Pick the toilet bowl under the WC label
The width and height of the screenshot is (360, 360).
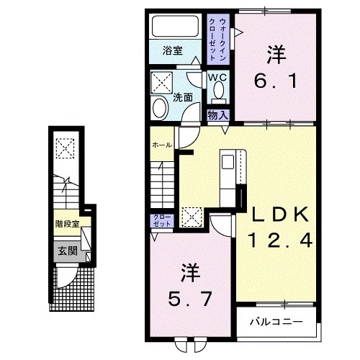(x=218, y=91)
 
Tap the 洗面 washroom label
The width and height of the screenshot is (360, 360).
(x=182, y=96)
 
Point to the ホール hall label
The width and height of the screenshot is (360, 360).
(x=161, y=145)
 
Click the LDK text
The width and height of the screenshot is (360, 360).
(x=279, y=214)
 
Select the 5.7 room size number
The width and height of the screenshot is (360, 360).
(x=189, y=296)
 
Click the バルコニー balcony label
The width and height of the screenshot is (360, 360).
(x=276, y=320)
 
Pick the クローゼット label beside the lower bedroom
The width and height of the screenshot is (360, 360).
(x=161, y=220)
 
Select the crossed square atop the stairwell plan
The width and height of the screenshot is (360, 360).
(x=66, y=148)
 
